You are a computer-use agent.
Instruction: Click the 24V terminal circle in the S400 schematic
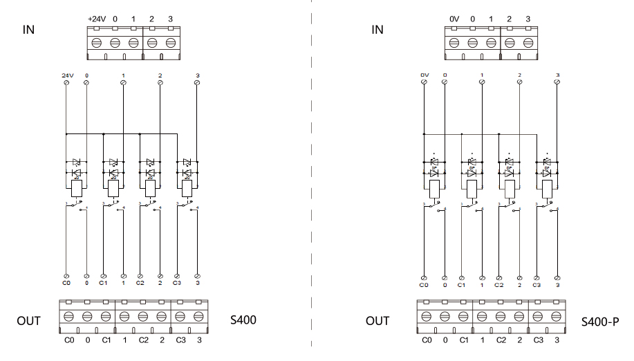[67, 83]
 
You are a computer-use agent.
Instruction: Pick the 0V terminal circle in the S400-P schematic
[424, 83]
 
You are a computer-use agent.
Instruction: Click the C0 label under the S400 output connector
[68, 340]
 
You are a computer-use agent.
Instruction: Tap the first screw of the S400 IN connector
[96, 41]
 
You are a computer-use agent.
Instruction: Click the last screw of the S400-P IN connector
[528, 41]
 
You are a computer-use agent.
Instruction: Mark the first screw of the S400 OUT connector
[68, 315]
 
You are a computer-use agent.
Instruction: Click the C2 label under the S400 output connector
[143, 340]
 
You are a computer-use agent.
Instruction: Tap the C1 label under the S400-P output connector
[463, 340]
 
